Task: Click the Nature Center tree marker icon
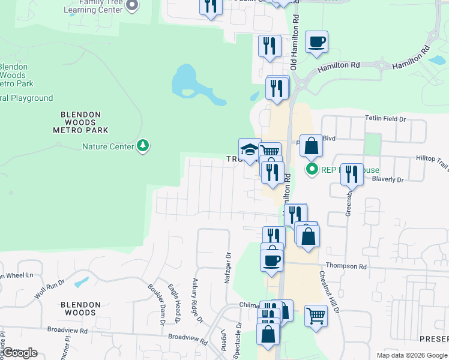(142, 145)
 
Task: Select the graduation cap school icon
(250, 149)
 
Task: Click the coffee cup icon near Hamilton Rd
(316, 42)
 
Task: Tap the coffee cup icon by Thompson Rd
(271, 260)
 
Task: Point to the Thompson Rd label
(346, 266)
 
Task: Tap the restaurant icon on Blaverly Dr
(352, 175)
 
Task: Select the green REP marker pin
(312, 169)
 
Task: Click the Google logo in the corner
(20, 353)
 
